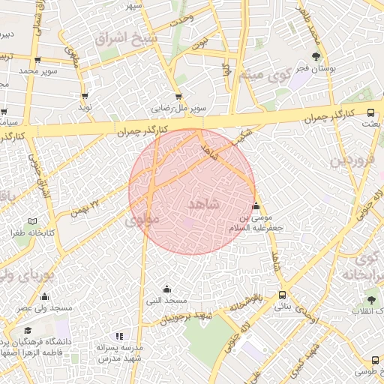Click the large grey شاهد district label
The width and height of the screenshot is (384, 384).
[x=203, y=204]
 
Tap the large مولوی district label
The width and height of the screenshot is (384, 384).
[x=142, y=220]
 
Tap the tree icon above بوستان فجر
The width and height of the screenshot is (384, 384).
[x=316, y=56]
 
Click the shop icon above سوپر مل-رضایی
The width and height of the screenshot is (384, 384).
[x=178, y=96]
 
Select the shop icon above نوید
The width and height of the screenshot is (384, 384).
[x=85, y=96]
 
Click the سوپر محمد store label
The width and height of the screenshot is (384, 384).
[x=38, y=70]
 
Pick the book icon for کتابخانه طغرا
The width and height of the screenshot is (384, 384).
[x=31, y=221]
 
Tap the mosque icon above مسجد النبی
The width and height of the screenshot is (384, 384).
[x=166, y=289]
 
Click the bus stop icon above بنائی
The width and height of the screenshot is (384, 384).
[x=281, y=295]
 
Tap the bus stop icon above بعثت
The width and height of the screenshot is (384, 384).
[x=371, y=112]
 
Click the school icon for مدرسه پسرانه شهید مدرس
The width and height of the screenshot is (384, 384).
[x=118, y=336]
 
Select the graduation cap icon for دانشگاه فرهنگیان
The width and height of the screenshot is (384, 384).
[x=28, y=330]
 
